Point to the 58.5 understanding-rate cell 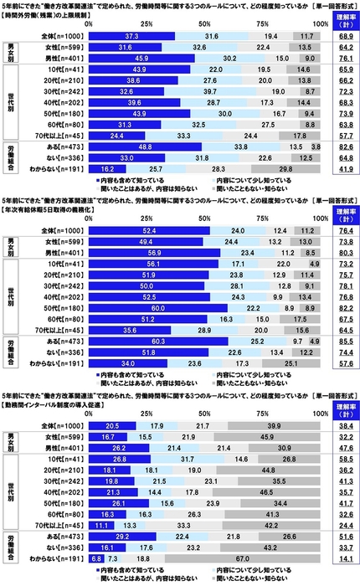coord(343,458)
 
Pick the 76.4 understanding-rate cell coord(343,229)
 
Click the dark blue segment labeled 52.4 coord(148,229)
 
